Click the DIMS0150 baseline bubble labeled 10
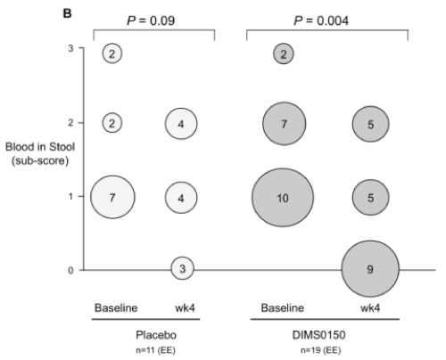click(283, 198)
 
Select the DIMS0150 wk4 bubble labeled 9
click(370, 269)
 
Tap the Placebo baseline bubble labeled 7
click(112, 197)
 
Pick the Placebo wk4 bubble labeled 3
click(182, 268)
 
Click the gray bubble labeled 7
click(285, 124)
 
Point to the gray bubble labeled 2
click(284, 53)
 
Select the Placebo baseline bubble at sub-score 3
click(112, 53)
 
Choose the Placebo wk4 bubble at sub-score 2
click(181, 124)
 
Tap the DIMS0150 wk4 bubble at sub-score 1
click(370, 197)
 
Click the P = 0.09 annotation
click(151, 20)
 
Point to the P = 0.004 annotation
click(321, 20)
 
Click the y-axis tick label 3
click(70, 48)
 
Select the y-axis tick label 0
click(70, 270)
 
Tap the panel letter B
click(68, 13)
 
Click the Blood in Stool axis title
click(40, 153)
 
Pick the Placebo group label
click(156, 335)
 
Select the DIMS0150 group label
click(318, 335)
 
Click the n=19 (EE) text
click(320, 350)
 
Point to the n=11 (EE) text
click(155, 350)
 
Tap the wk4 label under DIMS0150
click(370, 308)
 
